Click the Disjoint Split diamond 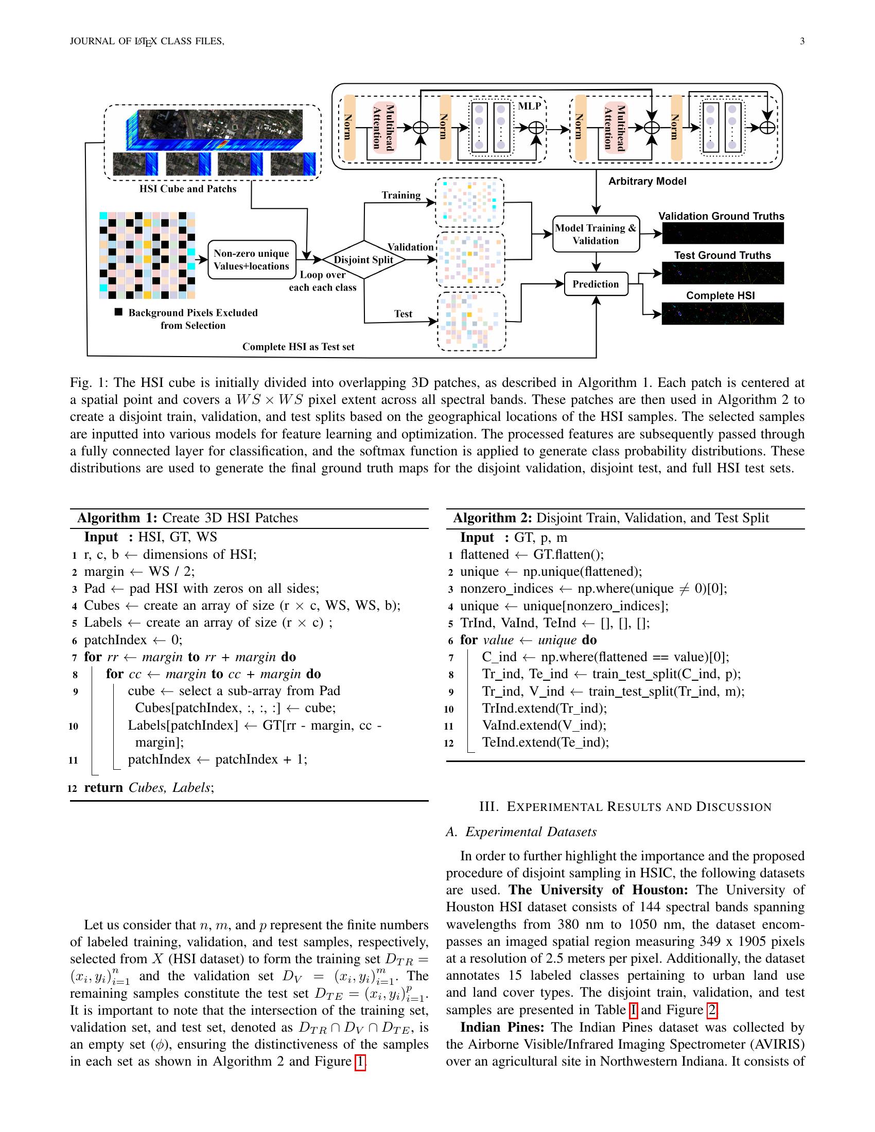[x=363, y=260]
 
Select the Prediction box [x=596, y=284]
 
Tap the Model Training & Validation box [x=596, y=234]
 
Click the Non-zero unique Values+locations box [x=251, y=260]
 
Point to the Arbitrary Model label [x=647, y=182]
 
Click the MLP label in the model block [x=529, y=105]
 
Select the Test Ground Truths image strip [x=723, y=273]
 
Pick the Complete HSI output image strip [x=723, y=313]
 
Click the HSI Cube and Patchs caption [x=188, y=189]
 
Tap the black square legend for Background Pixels [x=118, y=312]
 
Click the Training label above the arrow [x=400, y=196]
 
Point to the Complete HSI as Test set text [x=298, y=347]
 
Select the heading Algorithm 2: [x=493, y=518]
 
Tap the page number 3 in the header [x=802, y=42]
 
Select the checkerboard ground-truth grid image [x=147, y=255]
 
